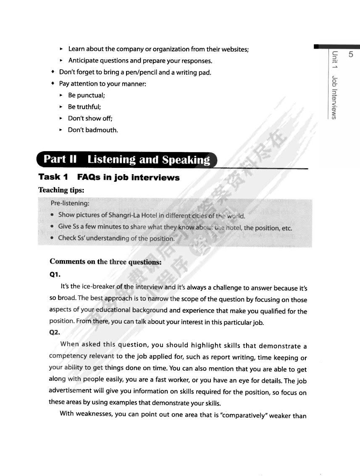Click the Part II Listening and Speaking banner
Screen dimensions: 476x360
(x=127, y=160)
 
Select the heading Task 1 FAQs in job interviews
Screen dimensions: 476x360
(x=109, y=178)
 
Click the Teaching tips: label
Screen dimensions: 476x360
(x=61, y=190)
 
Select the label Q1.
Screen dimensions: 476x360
(x=55, y=275)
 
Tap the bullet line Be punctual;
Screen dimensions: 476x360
(x=86, y=95)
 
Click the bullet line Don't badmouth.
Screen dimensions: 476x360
(x=93, y=130)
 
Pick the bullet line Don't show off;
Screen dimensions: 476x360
(x=90, y=118)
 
